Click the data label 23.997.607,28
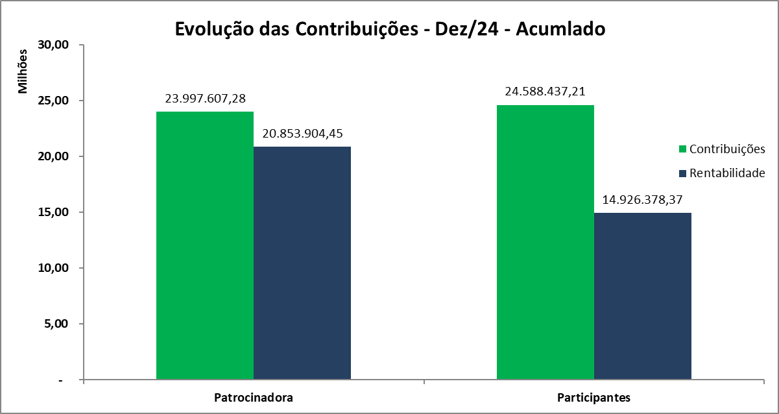(x=206, y=99)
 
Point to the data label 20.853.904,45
(x=302, y=134)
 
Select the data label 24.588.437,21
(x=545, y=91)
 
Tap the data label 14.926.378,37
(x=643, y=200)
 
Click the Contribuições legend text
(x=727, y=149)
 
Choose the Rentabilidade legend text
(x=727, y=173)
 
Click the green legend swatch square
(x=682, y=149)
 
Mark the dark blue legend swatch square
(x=682, y=173)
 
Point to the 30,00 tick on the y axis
(x=53, y=45)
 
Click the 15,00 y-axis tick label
(x=53, y=213)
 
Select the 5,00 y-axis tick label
(x=56, y=324)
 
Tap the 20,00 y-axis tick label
(x=53, y=157)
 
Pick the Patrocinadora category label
(x=253, y=397)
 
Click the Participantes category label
(x=593, y=397)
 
